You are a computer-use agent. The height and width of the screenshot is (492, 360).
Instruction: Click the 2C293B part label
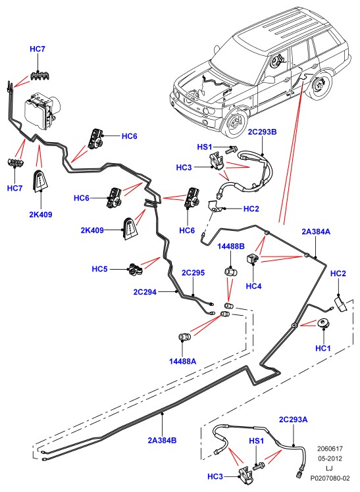[x=262, y=132]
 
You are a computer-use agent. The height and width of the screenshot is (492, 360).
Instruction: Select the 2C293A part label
[x=293, y=420]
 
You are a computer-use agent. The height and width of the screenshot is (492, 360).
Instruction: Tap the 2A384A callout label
[x=316, y=232]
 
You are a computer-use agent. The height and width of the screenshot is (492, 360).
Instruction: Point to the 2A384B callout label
[x=163, y=440]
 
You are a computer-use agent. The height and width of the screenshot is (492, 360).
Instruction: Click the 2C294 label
[x=145, y=292]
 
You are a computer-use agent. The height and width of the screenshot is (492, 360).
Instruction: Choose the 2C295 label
[x=193, y=273]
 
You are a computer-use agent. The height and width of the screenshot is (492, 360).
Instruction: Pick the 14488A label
[x=183, y=361]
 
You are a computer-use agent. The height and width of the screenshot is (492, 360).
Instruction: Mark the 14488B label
[x=231, y=246]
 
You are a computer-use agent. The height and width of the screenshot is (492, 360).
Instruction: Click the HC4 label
[x=253, y=286]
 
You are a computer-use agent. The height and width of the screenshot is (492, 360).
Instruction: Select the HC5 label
[x=99, y=269]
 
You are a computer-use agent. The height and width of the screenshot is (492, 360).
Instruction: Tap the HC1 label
[x=323, y=349]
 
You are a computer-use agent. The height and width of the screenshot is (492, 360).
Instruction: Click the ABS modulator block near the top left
[x=42, y=110]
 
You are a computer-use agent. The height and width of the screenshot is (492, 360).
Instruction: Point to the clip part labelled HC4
[x=251, y=259]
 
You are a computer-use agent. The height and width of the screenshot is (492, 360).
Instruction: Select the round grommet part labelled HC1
[x=323, y=324]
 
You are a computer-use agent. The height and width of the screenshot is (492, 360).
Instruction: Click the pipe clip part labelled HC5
[x=136, y=270]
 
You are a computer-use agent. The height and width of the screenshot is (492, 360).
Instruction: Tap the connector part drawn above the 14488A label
[x=184, y=337]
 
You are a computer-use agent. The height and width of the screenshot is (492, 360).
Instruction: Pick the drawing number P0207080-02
[x=330, y=478]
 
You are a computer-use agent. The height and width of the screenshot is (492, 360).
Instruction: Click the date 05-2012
[x=330, y=458]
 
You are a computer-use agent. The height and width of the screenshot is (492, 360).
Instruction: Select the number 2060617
[x=330, y=449]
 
